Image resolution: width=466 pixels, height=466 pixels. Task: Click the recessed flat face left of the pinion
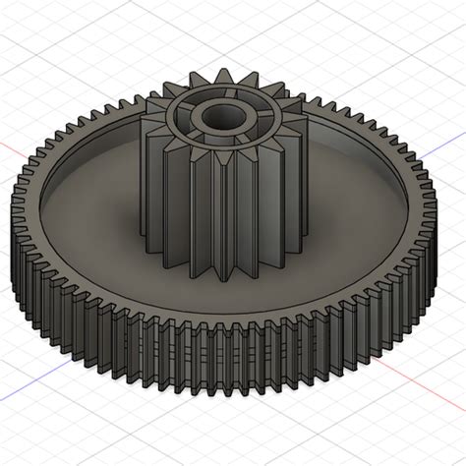(98, 197)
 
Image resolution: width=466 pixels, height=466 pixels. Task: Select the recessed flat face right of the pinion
(344, 197)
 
